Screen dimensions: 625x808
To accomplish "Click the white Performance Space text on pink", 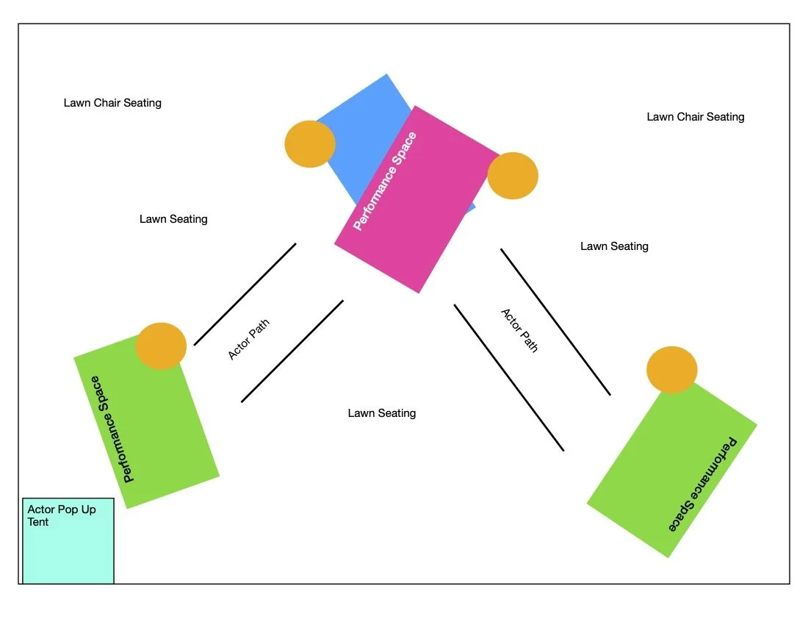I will click(385, 181).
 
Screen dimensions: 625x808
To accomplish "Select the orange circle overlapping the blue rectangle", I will click(310, 144).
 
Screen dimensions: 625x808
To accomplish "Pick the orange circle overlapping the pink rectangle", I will click(513, 176).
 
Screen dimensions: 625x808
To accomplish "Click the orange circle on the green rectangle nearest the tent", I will click(161, 346).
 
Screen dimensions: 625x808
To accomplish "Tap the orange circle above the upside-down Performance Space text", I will click(671, 370).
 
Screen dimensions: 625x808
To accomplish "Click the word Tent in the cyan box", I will click(38, 522).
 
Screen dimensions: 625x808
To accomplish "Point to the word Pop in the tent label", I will click(68, 510).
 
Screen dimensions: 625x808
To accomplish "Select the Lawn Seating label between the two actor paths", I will click(382, 413).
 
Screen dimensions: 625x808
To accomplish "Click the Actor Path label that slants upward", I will click(248, 339).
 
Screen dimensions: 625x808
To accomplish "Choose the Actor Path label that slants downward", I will click(519, 330).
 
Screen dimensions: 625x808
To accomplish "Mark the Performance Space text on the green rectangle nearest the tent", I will click(112, 429).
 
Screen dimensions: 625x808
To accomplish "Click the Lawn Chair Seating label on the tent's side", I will click(112, 103).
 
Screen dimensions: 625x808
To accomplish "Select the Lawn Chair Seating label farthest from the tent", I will click(696, 117).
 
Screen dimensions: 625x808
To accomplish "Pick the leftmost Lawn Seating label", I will click(173, 219).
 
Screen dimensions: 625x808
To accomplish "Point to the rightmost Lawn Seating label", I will click(614, 246).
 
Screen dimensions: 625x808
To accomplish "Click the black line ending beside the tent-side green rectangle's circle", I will click(245, 294).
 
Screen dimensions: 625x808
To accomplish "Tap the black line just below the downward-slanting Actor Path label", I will click(508, 377).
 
